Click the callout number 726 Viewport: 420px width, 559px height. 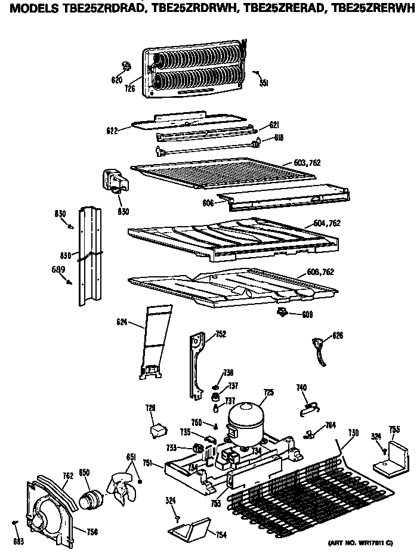click(129, 89)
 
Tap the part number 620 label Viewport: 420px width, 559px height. click(117, 81)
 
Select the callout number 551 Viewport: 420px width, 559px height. click(264, 83)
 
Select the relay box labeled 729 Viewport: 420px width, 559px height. click(157, 430)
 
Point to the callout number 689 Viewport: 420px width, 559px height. click(57, 269)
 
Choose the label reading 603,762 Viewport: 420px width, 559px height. click(308, 163)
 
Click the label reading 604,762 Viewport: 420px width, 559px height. click(326, 223)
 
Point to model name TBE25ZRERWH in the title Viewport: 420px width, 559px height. click(377, 7)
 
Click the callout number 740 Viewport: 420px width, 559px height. click(302, 388)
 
